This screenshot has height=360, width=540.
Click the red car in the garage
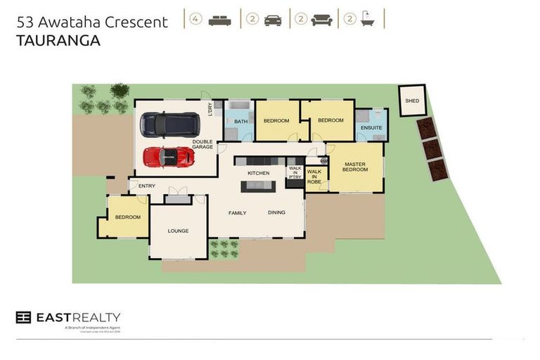click(169, 157)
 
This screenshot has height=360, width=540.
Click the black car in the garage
click(169, 124)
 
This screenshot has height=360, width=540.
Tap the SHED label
click(411, 101)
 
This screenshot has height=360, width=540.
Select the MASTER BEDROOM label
click(355, 167)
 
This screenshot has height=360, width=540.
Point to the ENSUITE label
click(371, 128)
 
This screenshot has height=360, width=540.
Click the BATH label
click(240, 122)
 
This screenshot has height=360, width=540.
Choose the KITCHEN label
click(258, 173)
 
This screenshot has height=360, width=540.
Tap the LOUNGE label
click(178, 231)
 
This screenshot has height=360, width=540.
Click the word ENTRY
click(147, 186)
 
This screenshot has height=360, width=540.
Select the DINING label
click(276, 212)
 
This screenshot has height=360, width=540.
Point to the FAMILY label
click(237, 212)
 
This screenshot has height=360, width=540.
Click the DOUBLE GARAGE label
click(203, 145)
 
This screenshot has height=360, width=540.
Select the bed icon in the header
click(220, 20)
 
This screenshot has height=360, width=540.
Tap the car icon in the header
click(272, 20)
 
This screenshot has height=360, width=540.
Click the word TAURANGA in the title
click(58, 41)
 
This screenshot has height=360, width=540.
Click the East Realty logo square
click(23, 317)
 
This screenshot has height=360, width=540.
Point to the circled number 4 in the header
click(195, 19)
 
